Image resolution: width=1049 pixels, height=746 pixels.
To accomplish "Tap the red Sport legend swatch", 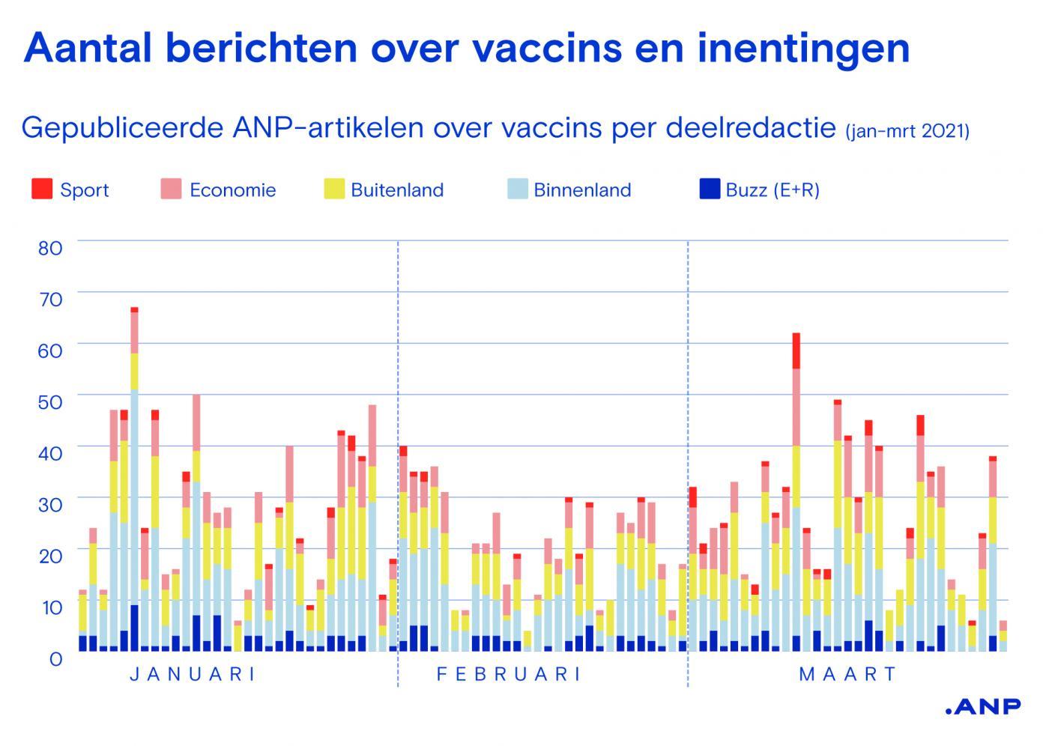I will tap(41, 189).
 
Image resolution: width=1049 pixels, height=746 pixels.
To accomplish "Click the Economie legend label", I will tap(232, 190).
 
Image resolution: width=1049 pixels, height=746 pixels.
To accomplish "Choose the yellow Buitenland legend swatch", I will tap(333, 189).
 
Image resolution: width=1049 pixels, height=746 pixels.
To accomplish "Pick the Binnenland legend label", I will tap(581, 190).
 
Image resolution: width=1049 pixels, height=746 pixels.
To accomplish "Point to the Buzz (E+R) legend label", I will tap(772, 190).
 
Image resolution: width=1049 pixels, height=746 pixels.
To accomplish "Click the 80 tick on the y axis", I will tap(50, 248).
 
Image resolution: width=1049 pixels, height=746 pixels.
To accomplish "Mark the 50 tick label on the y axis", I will tap(50, 402).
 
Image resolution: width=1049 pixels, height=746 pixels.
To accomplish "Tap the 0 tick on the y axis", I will tap(55, 659).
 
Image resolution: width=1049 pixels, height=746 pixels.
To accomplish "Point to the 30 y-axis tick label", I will tap(50, 505).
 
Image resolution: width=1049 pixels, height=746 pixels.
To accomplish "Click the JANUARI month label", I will tap(193, 674).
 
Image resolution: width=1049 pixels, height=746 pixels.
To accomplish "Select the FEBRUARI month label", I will tap(509, 674).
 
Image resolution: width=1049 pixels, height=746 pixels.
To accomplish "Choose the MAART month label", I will tap(847, 674).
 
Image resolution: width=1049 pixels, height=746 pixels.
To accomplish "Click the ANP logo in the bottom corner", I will tap(982, 706).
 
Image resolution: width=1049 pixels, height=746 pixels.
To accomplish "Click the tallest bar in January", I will tap(134, 479).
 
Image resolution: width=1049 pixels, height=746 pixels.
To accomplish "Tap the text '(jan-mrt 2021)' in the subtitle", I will tap(907, 131).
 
